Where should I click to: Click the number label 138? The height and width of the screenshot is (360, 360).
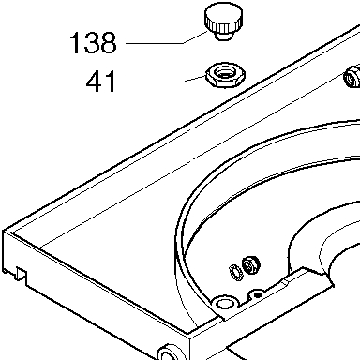tap(93, 43)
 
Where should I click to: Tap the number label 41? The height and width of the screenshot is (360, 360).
tap(101, 82)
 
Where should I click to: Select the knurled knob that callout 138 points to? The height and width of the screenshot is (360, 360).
tap(223, 22)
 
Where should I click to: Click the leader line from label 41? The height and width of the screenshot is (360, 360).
tap(166, 81)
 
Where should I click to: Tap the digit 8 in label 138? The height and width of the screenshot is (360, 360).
tap(108, 43)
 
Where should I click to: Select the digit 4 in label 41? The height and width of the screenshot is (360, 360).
tap(95, 82)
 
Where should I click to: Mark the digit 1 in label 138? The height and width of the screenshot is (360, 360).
tap(75, 43)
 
